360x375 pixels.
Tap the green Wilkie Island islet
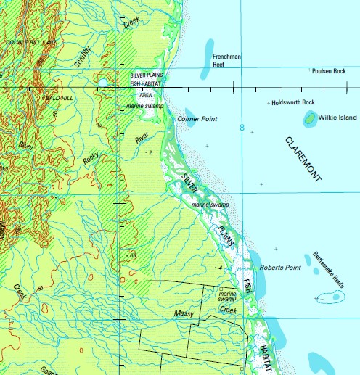click(x=310, y=117)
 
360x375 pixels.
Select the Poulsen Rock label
click(x=330, y=71)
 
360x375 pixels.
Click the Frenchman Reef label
click(x=226, y=59)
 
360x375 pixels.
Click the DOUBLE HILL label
click(x=29, y=43)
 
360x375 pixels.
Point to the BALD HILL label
click(x=60, y=96)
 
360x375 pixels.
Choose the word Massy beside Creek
click(x=184, y=313)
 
